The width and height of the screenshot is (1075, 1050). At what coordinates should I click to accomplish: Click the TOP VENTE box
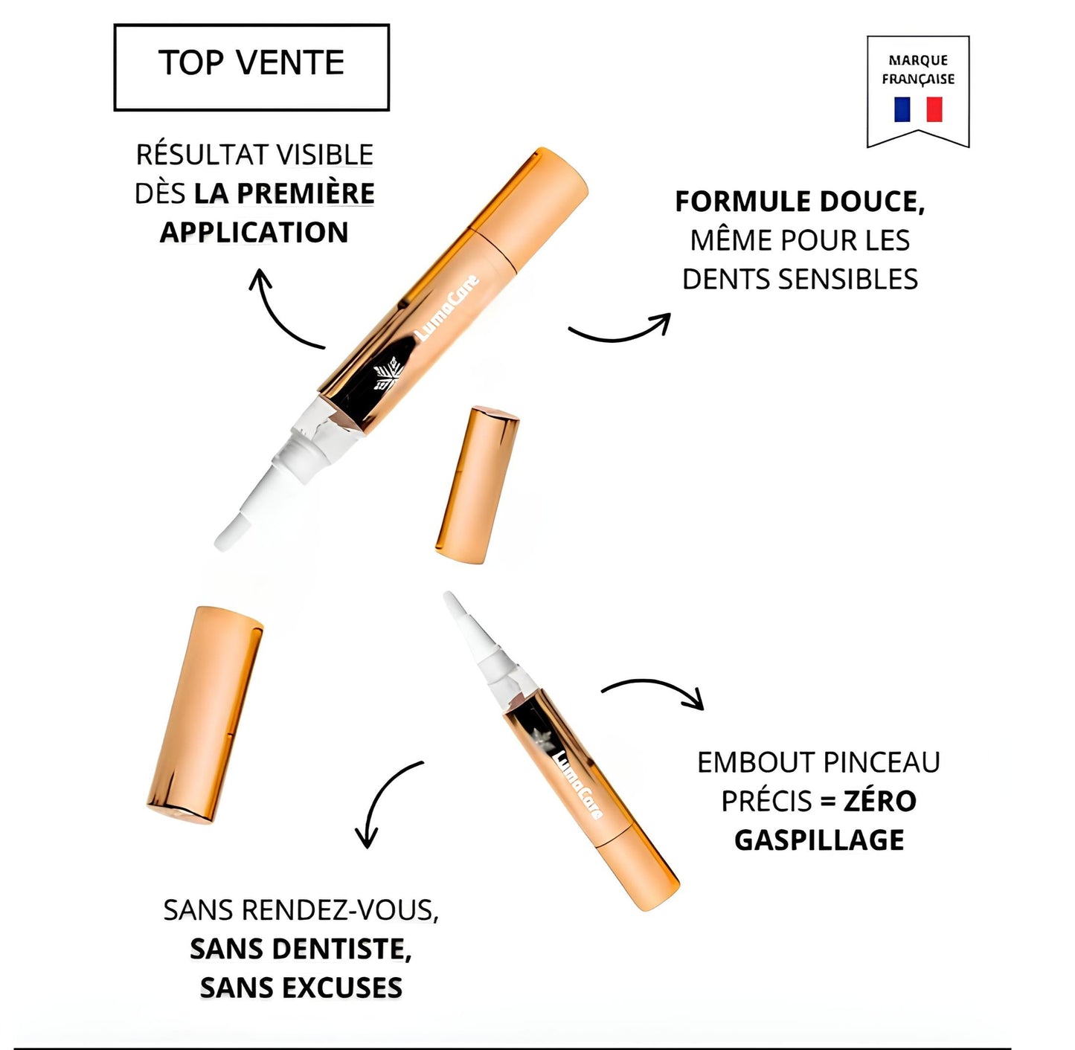coord(251,67)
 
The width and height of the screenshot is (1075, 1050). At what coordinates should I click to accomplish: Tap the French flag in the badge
coord(918,109)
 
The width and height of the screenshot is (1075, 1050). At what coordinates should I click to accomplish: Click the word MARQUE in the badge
coord(918,60)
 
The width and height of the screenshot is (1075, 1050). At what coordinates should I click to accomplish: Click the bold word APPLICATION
coord(254,232)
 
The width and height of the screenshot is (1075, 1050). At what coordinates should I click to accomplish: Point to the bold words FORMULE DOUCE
coord(799,202)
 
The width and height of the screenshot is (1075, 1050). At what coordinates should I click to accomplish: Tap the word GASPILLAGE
coord(819,840)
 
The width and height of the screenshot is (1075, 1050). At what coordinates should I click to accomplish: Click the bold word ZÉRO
coord(879,801)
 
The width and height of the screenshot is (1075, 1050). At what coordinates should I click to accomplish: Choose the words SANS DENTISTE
coord(301,949)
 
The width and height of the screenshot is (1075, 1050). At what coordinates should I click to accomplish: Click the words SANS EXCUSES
coord(301,988)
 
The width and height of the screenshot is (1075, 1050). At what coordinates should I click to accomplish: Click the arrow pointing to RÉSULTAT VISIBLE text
coord(283,312)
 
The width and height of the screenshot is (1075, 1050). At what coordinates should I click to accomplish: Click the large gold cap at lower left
coord(205,714)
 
